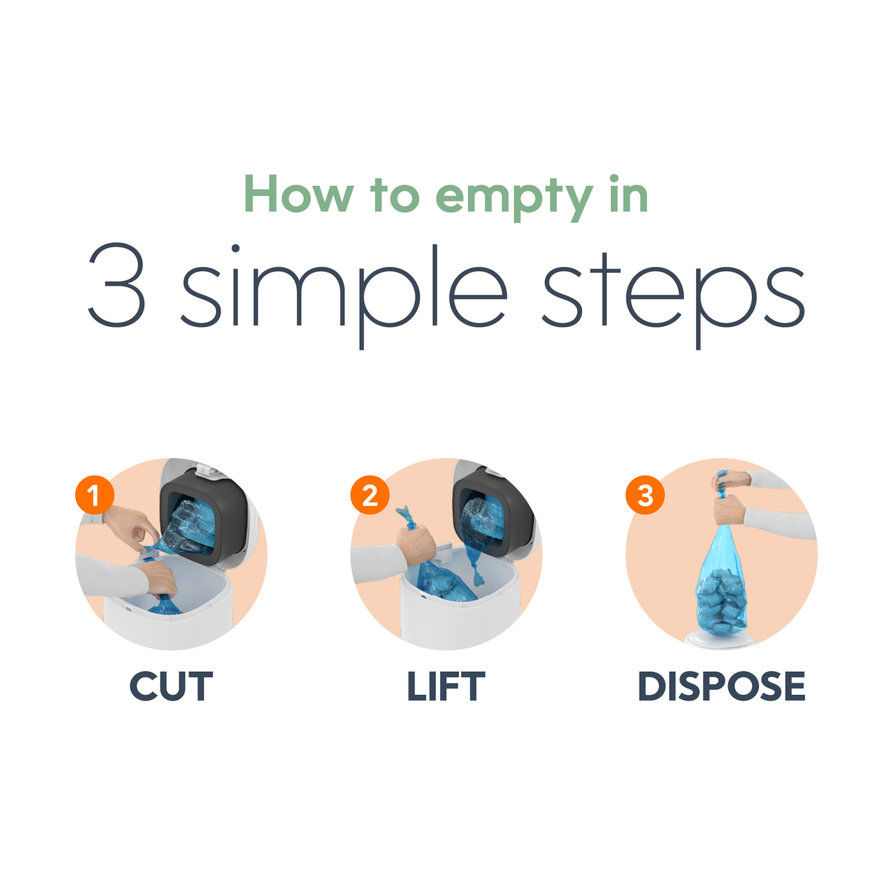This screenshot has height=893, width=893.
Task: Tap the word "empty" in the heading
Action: [514, 196]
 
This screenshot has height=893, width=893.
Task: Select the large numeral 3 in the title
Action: [117, 285]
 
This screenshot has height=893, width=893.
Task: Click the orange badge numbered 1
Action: [94, 495]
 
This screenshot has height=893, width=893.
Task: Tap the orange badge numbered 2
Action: [370, 495]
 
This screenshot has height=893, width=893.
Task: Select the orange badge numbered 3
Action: [645, 495]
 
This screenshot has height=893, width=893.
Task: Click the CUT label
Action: [171, 686]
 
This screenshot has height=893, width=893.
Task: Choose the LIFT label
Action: [446, 686]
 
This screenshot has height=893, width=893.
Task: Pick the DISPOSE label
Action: [721, 686]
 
